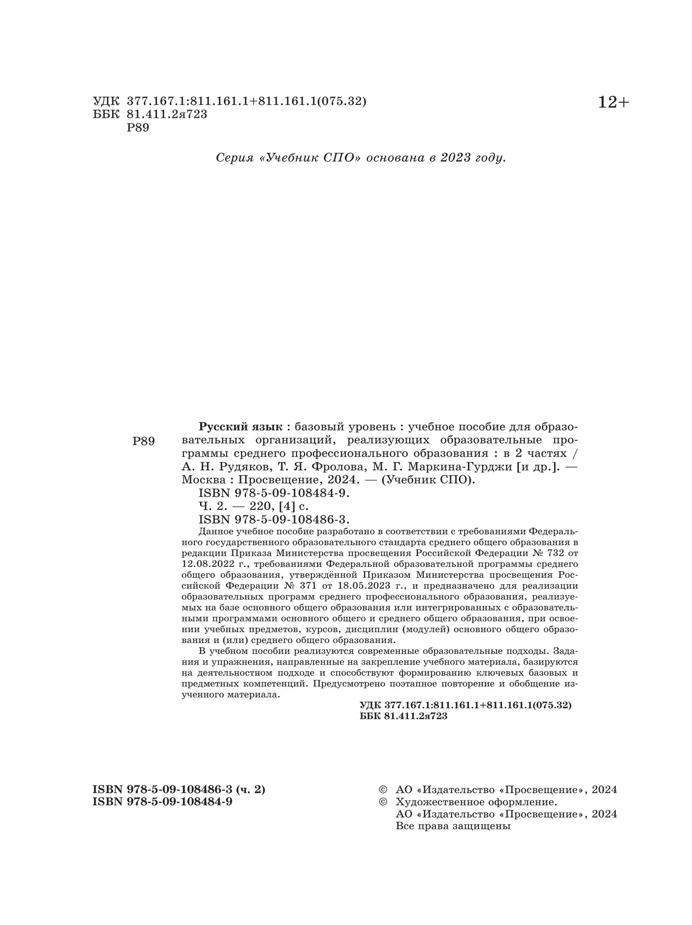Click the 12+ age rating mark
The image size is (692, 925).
click(614, 103)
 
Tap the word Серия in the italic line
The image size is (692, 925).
click(234, 157)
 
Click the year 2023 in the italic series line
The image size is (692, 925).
click(456, 157)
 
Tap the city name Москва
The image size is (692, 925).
click(201, 479)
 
